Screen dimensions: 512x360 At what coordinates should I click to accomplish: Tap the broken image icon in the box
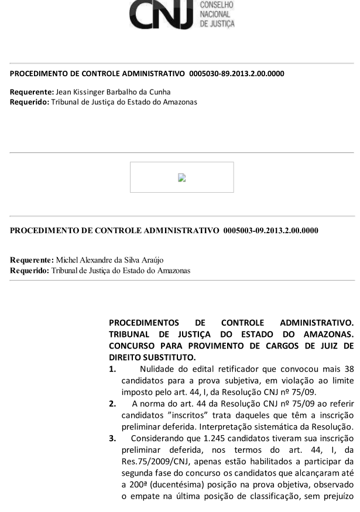(181, 178)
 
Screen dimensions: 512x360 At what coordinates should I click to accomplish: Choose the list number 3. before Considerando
(114, 427)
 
